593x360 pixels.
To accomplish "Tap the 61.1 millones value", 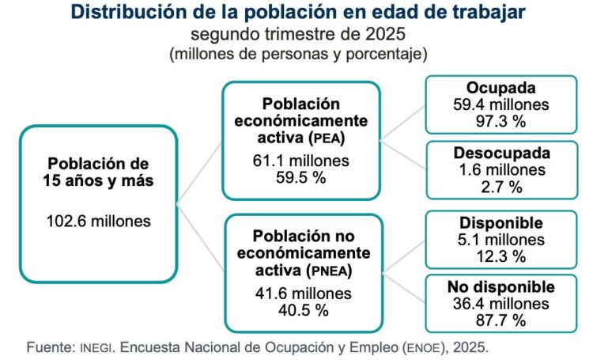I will pyautogui.click(x=302, y=161).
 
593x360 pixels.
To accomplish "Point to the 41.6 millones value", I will pyautogui.click(x=302, y=295).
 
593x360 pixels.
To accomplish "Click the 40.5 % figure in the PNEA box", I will pyautogui.click(x=301, y=311).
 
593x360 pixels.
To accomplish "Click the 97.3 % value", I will pyautogui.click(x=496, y=120).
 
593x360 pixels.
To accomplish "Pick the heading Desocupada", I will pyautogui.click(x=496, y=151).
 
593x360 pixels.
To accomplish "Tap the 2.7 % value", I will pyautogui.click(x=496, y=186).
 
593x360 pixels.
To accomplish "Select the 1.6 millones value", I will pyautogui.click(x=496, y=169).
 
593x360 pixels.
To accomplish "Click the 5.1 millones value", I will pyautogui.click(x=496, y=239).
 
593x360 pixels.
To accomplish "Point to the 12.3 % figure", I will pyautogui.click(x=496, y=256).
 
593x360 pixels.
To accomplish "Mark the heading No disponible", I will pyautogui.click(x=496, y=286).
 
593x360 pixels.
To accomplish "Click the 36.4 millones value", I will pyautogui.click(x=496, y=303).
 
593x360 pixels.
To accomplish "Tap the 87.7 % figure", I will pyautogui.click(x=496, y=320).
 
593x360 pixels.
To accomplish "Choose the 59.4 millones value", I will pyautogui.click(x=496, y=104).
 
